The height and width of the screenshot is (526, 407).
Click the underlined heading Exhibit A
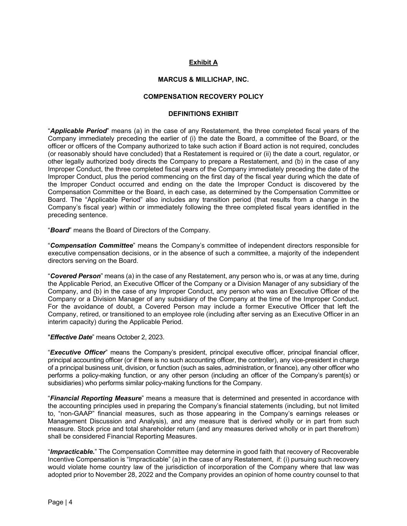click(x=203, y=62)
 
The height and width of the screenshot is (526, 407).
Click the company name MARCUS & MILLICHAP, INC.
click(x=203, y=79)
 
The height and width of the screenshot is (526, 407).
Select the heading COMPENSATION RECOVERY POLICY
click(x=203, y=96)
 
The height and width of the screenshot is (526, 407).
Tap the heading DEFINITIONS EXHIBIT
click(x=203, y=114)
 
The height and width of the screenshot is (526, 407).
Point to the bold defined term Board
click(x=59, y=230)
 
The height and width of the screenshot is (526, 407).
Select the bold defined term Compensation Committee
click(x=91, y=245)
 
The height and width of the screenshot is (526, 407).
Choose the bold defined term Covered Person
click(x=75, y=276)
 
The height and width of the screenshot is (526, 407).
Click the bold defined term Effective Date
click(x=71, y=337)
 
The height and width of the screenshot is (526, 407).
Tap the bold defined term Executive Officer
click(x=78, y=352)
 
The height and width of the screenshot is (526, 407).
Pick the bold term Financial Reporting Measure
click(x=96, y=398)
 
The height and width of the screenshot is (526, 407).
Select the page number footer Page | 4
click(x=60, y=502)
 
